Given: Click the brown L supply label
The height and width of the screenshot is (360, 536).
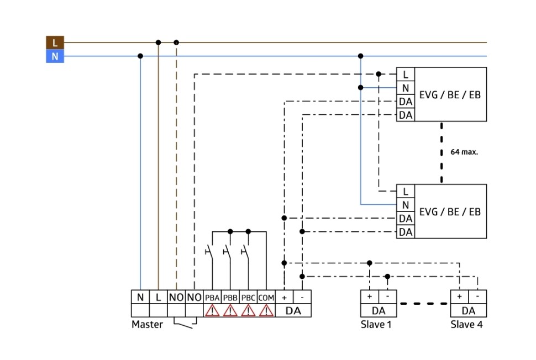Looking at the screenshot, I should (x=55, y=42).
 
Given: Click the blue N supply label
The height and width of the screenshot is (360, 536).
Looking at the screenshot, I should (x=55, y=56).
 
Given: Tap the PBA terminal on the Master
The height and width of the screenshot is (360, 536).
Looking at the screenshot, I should (x=212, y=297).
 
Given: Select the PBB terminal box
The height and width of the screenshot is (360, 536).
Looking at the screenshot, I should (x=230, y=297).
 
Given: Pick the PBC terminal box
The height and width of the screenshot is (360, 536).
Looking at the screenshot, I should (x=248, y=297).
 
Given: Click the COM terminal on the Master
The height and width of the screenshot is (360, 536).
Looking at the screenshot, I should (x=266, y=297).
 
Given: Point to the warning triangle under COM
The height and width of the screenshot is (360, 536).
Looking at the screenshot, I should (x=266, y=310).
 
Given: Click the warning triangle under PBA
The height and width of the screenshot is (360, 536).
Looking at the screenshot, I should (x=212, y=310).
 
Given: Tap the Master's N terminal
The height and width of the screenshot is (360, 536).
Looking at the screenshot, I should (x=140, y=297).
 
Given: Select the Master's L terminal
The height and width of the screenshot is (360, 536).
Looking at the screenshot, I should (x=158, y=297).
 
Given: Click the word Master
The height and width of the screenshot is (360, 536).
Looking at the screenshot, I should (x=147, y=325).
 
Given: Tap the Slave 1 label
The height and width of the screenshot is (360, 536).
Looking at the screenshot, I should (x=376, y=325).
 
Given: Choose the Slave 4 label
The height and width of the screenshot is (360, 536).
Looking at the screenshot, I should (x=466, y=325).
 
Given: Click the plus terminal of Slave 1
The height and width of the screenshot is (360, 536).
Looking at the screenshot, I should (x=369, y=297).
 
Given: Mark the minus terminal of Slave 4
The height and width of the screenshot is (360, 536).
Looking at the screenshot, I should (x=477, y=297).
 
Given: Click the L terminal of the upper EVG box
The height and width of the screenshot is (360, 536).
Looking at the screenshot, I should (x=406, y=74).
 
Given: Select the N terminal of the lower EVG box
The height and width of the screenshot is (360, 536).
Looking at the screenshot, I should (x=406, y=205).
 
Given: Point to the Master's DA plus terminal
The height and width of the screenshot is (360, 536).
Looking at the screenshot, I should (x=284, y=297).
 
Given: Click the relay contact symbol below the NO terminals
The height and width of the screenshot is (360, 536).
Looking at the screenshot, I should (x=185, y=322).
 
